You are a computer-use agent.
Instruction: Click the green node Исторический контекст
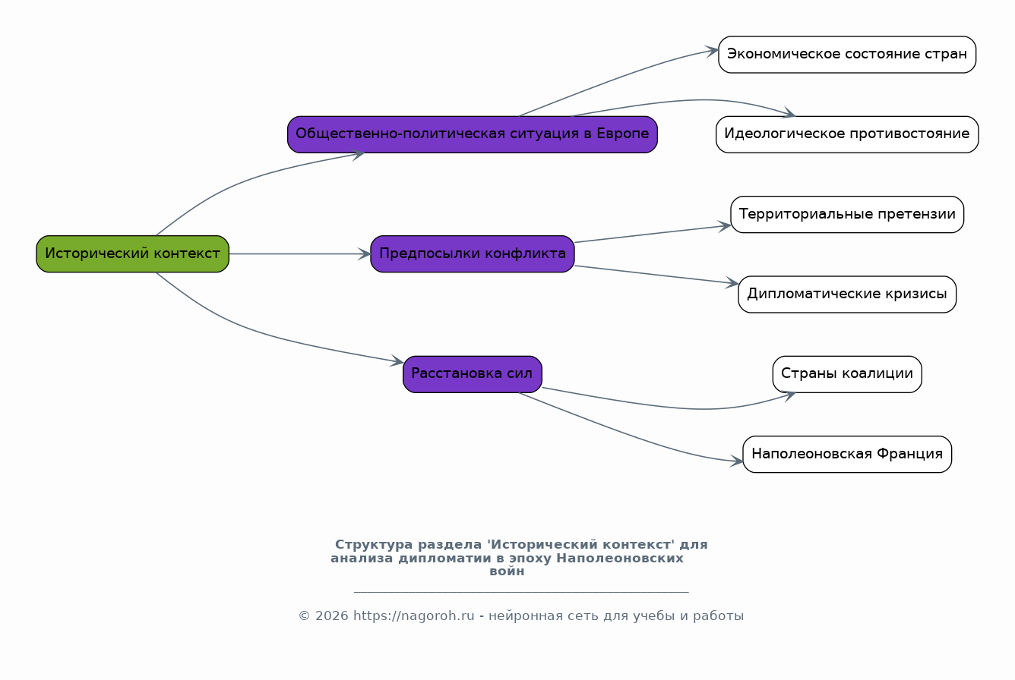132,253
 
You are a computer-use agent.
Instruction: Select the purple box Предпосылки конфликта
472,253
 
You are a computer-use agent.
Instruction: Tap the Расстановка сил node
472,374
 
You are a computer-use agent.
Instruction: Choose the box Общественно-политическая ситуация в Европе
472,134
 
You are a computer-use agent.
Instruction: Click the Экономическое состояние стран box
847,55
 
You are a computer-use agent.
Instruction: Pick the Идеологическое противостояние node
847,134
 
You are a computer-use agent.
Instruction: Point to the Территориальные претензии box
847,214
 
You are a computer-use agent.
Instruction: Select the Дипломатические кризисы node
847,294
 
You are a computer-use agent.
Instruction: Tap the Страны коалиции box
847,374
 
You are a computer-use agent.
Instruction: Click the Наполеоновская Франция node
847,454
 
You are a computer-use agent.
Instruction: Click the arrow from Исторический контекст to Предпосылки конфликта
300,254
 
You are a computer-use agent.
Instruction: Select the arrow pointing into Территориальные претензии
653,234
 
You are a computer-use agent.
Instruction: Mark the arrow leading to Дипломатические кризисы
656,275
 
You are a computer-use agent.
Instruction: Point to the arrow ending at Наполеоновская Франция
630,436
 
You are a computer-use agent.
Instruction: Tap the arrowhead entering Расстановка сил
397,360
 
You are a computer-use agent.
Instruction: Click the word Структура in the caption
374,545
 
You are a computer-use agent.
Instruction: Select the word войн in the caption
507,571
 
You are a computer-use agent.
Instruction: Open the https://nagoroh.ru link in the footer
414,616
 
